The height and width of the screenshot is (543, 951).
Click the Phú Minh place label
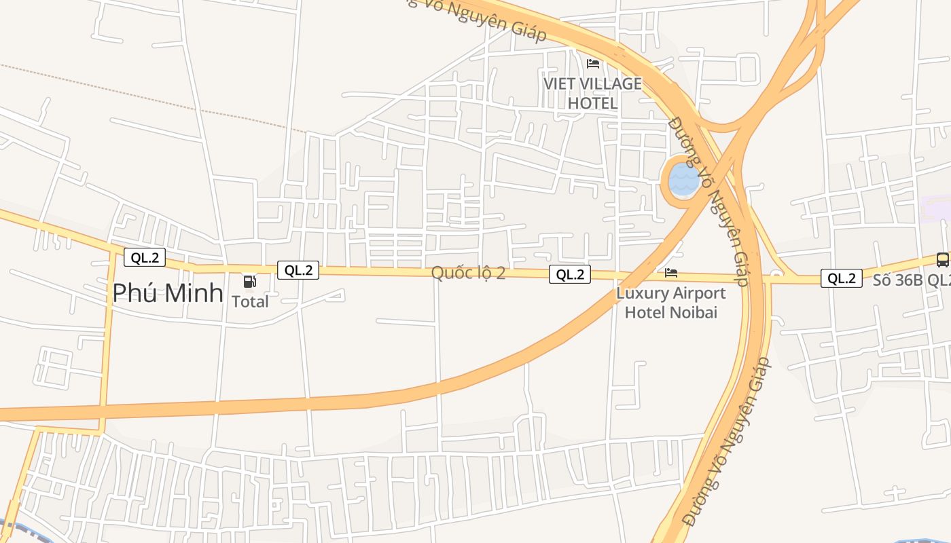168,293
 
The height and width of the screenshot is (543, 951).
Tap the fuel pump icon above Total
250,281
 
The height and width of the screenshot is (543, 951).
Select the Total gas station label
251,301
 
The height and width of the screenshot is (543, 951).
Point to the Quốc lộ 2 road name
469,273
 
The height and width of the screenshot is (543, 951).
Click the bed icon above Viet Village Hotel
593,64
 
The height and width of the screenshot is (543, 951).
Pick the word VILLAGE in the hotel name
608,84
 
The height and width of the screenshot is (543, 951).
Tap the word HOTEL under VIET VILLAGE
592,103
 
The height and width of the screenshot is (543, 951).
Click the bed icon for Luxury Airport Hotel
671,273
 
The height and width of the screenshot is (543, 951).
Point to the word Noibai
696,312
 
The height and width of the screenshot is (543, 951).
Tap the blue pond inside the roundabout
683,180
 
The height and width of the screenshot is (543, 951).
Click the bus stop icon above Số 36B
942,259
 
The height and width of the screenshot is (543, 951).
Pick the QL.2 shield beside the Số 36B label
842,278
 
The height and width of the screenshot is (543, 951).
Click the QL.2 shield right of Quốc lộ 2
570,274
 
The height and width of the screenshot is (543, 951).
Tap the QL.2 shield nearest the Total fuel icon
298,270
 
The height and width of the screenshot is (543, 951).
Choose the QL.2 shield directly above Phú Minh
145,257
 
